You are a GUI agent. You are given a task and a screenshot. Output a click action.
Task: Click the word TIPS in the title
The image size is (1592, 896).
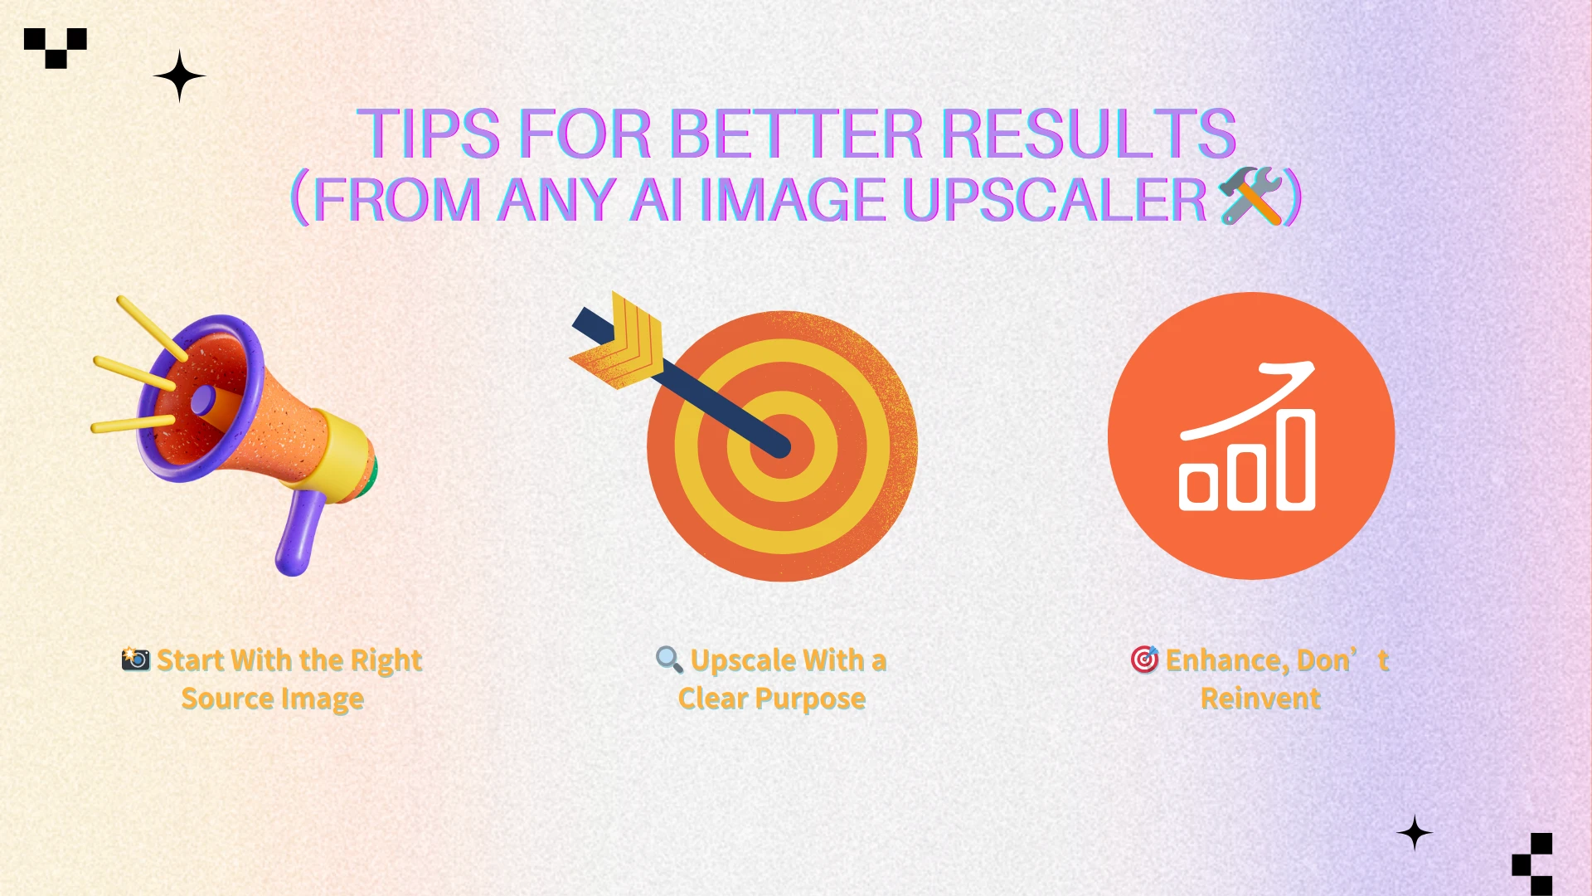tap(428, 134)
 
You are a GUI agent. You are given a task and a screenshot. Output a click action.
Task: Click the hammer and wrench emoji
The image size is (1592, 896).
tap(1250, 196)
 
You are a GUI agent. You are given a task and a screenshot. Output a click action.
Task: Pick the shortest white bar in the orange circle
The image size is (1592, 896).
tap(1197, 487)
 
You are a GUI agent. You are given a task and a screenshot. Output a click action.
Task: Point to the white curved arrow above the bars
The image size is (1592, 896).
tap(1252, 400)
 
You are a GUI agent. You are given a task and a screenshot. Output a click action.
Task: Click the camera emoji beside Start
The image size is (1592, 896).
tap(135, 660)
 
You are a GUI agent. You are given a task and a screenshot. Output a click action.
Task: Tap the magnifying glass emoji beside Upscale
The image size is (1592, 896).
tap(668, 660)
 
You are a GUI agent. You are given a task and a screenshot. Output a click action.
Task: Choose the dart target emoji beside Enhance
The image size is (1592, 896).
tap(1144, 660)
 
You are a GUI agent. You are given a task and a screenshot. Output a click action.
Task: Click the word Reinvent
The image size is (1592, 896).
tap(1260, 699)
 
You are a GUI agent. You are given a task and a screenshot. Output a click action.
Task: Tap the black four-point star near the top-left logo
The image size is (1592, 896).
tap(179, 76)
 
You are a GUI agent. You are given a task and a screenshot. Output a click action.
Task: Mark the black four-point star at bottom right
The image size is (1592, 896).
tap(1415, 833)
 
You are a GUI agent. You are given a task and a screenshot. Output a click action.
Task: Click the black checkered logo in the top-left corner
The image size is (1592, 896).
tap(56, 47)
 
